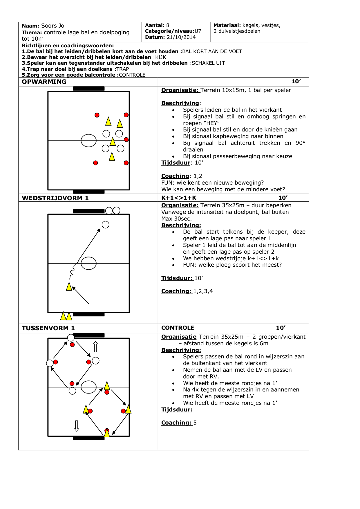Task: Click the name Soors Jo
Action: pos(53,26)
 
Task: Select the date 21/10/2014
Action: pos(181,37)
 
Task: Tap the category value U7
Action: pos(198,31)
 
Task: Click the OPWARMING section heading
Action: pos(44,82)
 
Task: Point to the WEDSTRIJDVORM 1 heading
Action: pos(55,198)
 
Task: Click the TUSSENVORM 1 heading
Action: pos(48,328)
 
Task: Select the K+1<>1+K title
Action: pos(179,198)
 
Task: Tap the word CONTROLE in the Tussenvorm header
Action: pos(178,328)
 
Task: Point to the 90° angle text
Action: pos(301,143)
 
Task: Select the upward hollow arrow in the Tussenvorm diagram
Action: pos(95,347)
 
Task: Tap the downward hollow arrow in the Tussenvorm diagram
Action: pos(77,426)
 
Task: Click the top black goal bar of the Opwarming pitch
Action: pos(89,89)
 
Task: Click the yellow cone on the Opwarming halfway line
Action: pos(113,142)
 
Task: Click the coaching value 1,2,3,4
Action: pos(203,291)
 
